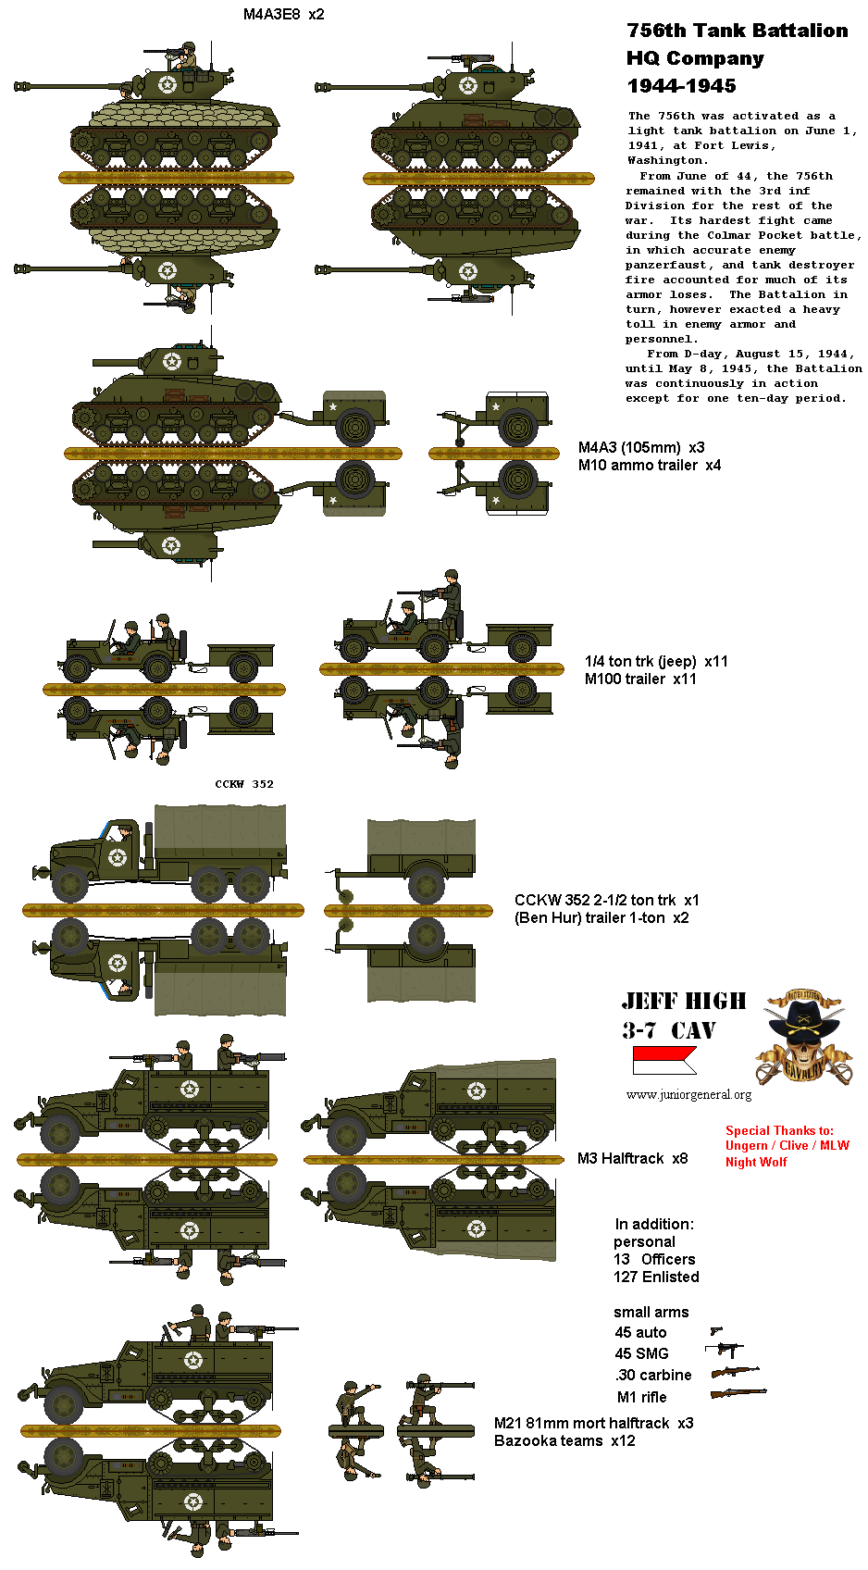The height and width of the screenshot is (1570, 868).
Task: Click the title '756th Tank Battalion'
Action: pyautogui.click(x=737, y=31)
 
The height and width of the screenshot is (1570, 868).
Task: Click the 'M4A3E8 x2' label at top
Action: pyautogui.click(x=283, y=14)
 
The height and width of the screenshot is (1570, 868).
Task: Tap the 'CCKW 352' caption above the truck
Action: pyautogui.click(x=244, y=784)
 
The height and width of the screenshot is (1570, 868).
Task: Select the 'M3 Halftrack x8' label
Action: pyautogui.click(x=632, y=1158)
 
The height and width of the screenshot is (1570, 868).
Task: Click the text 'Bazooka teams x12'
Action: pyautogui.click(x=564, y=1440)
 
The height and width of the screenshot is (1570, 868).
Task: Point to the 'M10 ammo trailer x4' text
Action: pyautogui.click(x=649, y=465)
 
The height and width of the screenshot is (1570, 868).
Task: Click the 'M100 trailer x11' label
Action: pyautogui.click(x=640, y=679)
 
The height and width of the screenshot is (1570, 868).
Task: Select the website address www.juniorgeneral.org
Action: pyautogui.click(x=688, y=1094)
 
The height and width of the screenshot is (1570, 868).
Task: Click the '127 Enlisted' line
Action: pyautogui.click(x=656, y=1277)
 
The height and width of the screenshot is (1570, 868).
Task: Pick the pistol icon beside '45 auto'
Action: pyautogui.click(x=716, y=1331)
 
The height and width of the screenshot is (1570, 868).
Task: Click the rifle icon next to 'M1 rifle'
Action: pyautogui.click(x=738, y=1393)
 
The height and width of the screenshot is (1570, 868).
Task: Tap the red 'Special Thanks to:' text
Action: pyautogui.click(x=779, y=1130)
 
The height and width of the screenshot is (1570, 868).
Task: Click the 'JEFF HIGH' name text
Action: pyautogui.click(x=684, y=1001)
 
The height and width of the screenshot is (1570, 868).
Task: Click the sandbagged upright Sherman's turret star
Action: pyautogui.click(x=167, y=85)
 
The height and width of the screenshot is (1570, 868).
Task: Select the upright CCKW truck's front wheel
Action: pyautogui.click(x=70, y=883)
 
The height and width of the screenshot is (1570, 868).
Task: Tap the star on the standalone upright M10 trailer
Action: pyautogui.click(x=496, y=406)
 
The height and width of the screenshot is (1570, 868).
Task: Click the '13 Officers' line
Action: pyautogui.click(x=654, y=1259)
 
